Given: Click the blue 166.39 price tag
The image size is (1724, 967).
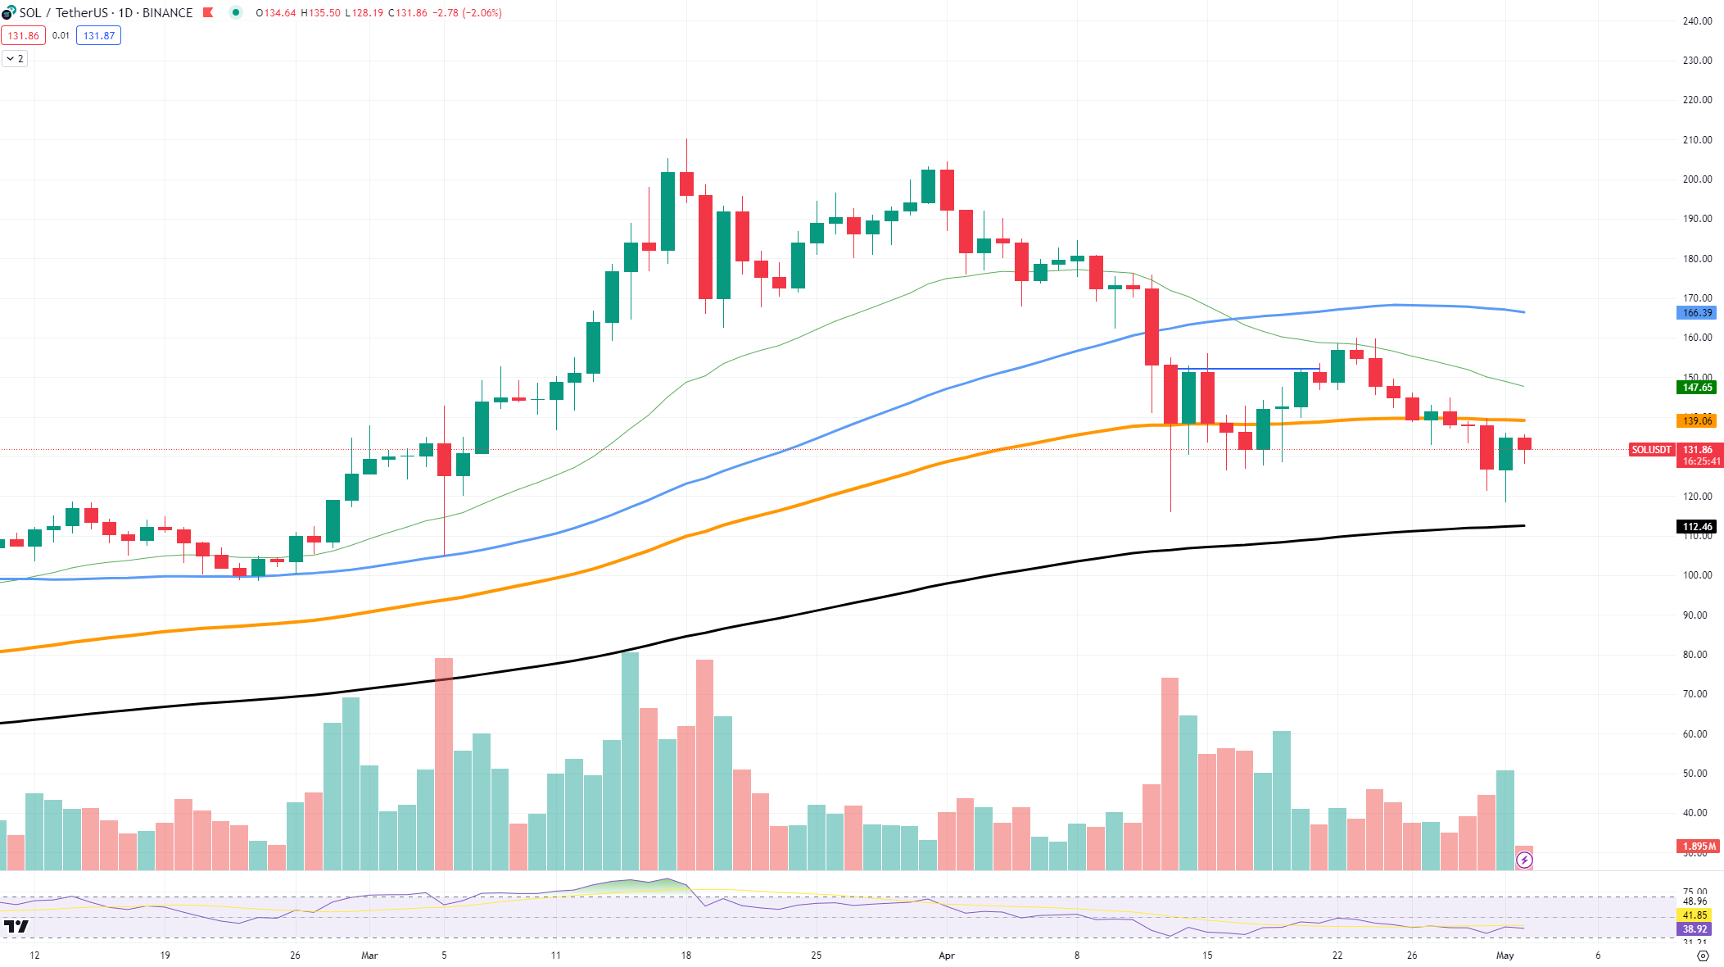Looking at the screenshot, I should (1696, 313).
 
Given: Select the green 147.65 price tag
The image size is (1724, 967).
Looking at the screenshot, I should (1696, 388).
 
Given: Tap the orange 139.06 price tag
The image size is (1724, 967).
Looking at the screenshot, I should (1696, 421).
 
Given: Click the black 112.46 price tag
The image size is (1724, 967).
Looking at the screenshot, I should (1696, 527).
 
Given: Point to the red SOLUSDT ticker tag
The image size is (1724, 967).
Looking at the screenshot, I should (1651, 450).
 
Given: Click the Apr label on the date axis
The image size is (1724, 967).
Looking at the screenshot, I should (947, 956).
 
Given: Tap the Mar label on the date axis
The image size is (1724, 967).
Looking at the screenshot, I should (369, 956).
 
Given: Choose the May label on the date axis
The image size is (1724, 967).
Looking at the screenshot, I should (1505, 956).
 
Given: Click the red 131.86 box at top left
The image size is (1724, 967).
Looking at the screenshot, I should (24, 36).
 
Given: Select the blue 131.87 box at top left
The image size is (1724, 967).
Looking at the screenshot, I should (98, 36).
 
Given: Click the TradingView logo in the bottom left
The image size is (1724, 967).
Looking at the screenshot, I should (16, 927).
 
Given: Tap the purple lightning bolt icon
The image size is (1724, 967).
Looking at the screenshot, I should (1524, 860).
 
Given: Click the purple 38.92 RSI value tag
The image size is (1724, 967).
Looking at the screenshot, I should (1695, 929).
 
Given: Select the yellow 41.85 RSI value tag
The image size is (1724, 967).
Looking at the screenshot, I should (1695, 915).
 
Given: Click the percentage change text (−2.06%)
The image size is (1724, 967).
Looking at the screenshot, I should (482, 13).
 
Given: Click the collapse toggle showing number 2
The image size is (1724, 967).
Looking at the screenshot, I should (15, 59).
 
